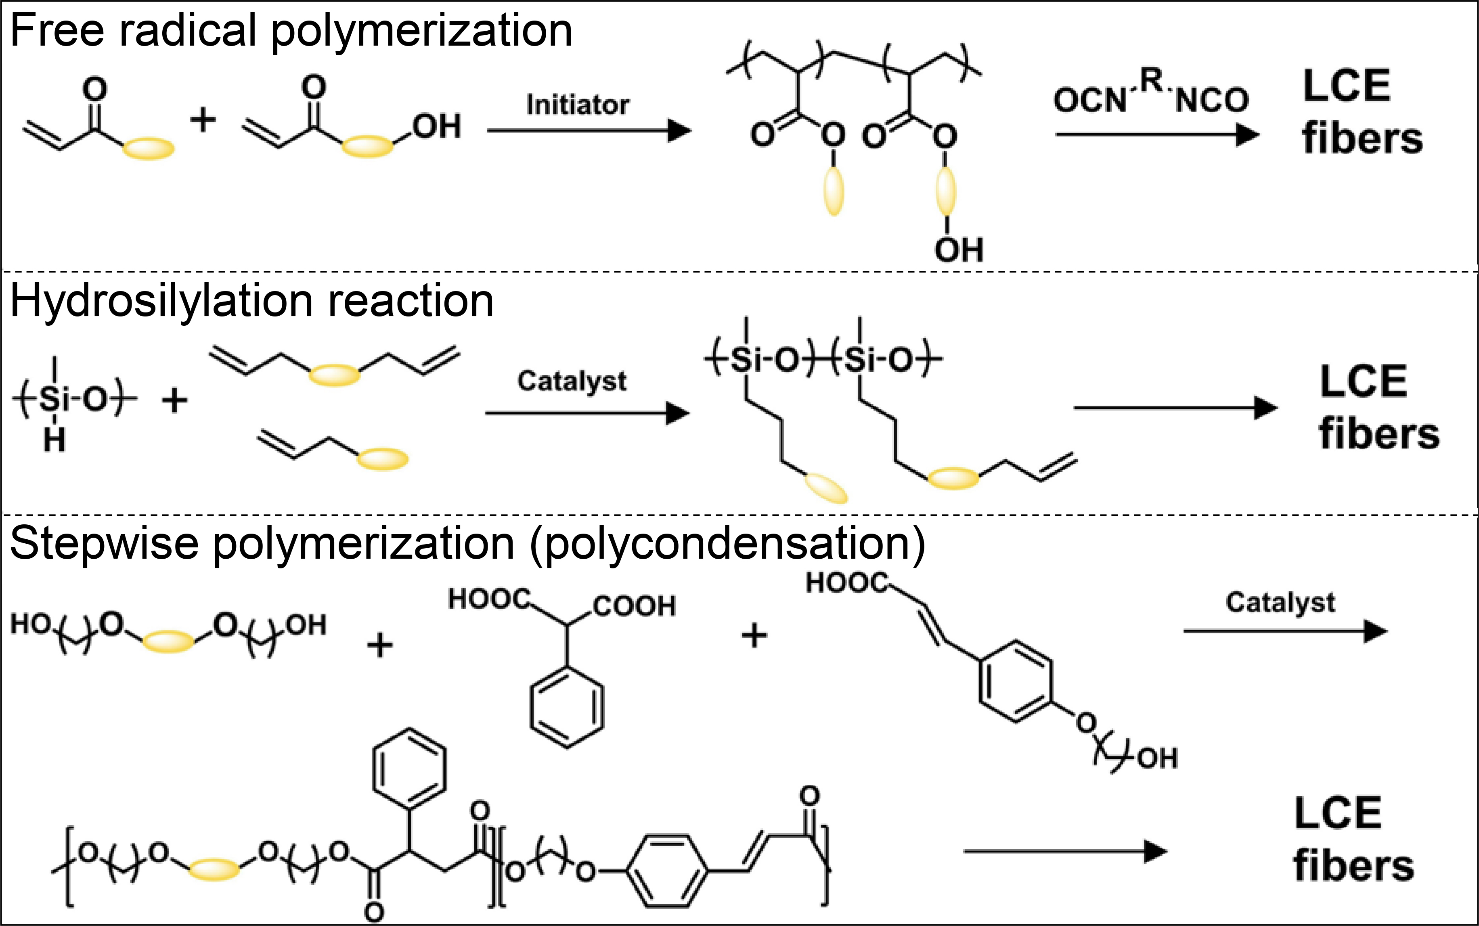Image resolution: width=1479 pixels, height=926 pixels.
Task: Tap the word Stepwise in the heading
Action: pyautogui.click(x=104, y=543)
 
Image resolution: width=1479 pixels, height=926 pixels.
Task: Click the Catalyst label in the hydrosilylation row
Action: pyautogui.click(x=572, y=381)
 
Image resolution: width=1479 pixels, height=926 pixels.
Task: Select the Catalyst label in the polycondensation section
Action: pyautogui.click(x=1280, y=603)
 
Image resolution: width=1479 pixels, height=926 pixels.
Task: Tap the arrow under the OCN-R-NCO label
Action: pyautogui.click(x=1157, y=135)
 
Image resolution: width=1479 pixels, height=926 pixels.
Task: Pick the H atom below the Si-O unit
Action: pyautogui.click(x=54, y=440)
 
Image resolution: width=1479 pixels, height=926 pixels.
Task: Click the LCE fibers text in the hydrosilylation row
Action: pyautogui.click(x=1378, y=407)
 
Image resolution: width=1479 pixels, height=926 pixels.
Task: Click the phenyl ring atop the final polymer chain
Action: pyautogui.click(x=409, y=767)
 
